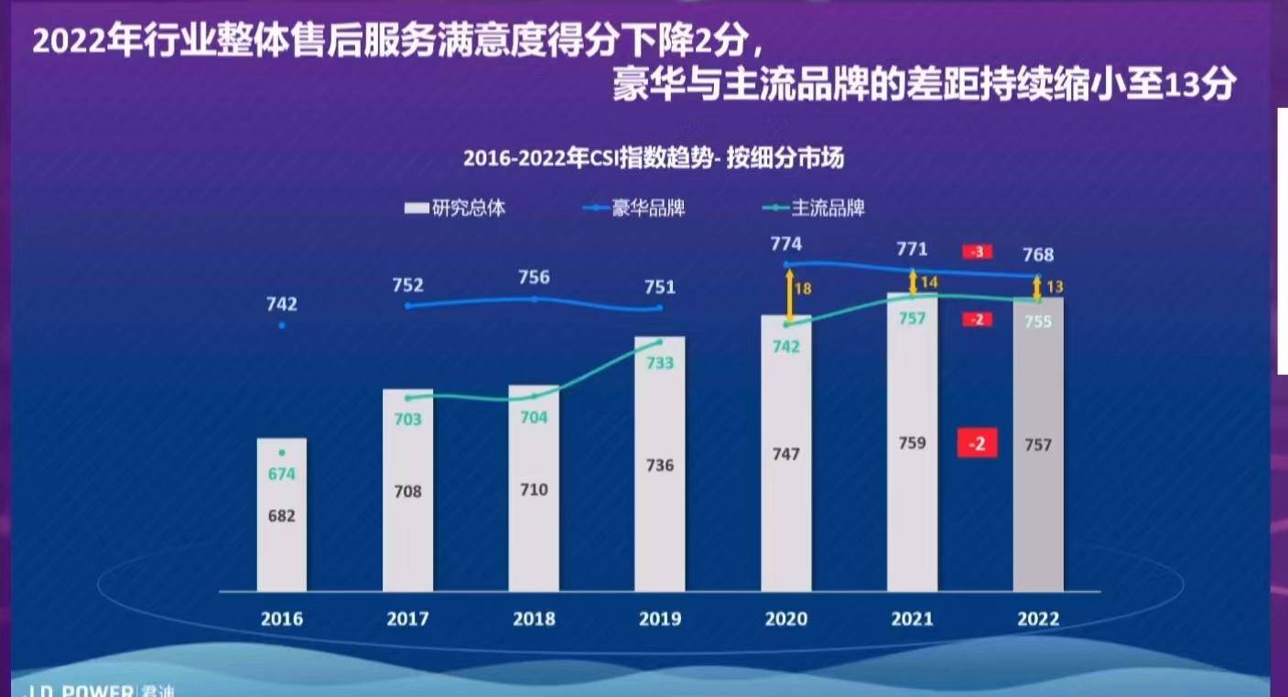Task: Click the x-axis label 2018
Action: pos(534,619)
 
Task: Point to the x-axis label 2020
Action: pos(785,619)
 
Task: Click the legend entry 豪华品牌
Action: pos(634,209)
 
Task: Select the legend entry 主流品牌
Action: pos(814,209)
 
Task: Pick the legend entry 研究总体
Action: pos(455,209)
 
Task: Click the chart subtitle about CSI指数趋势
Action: pos(653,158)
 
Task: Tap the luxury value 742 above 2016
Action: pos(282,305)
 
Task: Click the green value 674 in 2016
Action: pos(282,474)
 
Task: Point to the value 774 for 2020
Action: pos(785,244)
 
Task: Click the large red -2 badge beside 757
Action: pos(977,444)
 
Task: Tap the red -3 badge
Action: pos(977,252)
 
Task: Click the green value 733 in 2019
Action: pos(659,363)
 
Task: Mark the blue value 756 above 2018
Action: pos(534,277)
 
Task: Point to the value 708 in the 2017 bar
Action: pos(407,491)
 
